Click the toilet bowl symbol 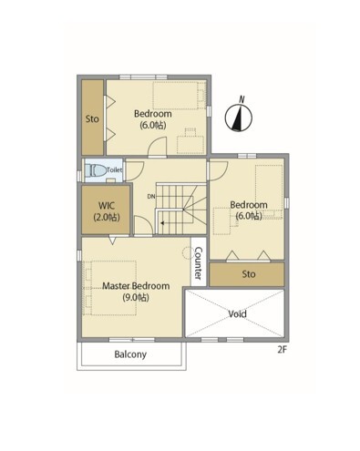[96, 170]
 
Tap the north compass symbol [239, 118]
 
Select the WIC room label [107, 206]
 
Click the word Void [237, 313]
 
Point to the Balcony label [130, 354]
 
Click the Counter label [198, 263]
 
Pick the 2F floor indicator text [282, 350]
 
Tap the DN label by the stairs [151, 197]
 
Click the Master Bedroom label [136, 286]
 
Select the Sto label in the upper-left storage [92, 118]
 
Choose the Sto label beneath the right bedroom [249, 274]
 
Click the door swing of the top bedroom [158, 147]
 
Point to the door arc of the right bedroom [218, 170]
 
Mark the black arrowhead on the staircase [162, 223]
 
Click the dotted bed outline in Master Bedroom [110, 288]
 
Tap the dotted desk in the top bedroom [190, 145]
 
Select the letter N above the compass [242, 99]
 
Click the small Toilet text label [114, 170]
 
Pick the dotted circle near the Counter [188, 252]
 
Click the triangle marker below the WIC [112, 241]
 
